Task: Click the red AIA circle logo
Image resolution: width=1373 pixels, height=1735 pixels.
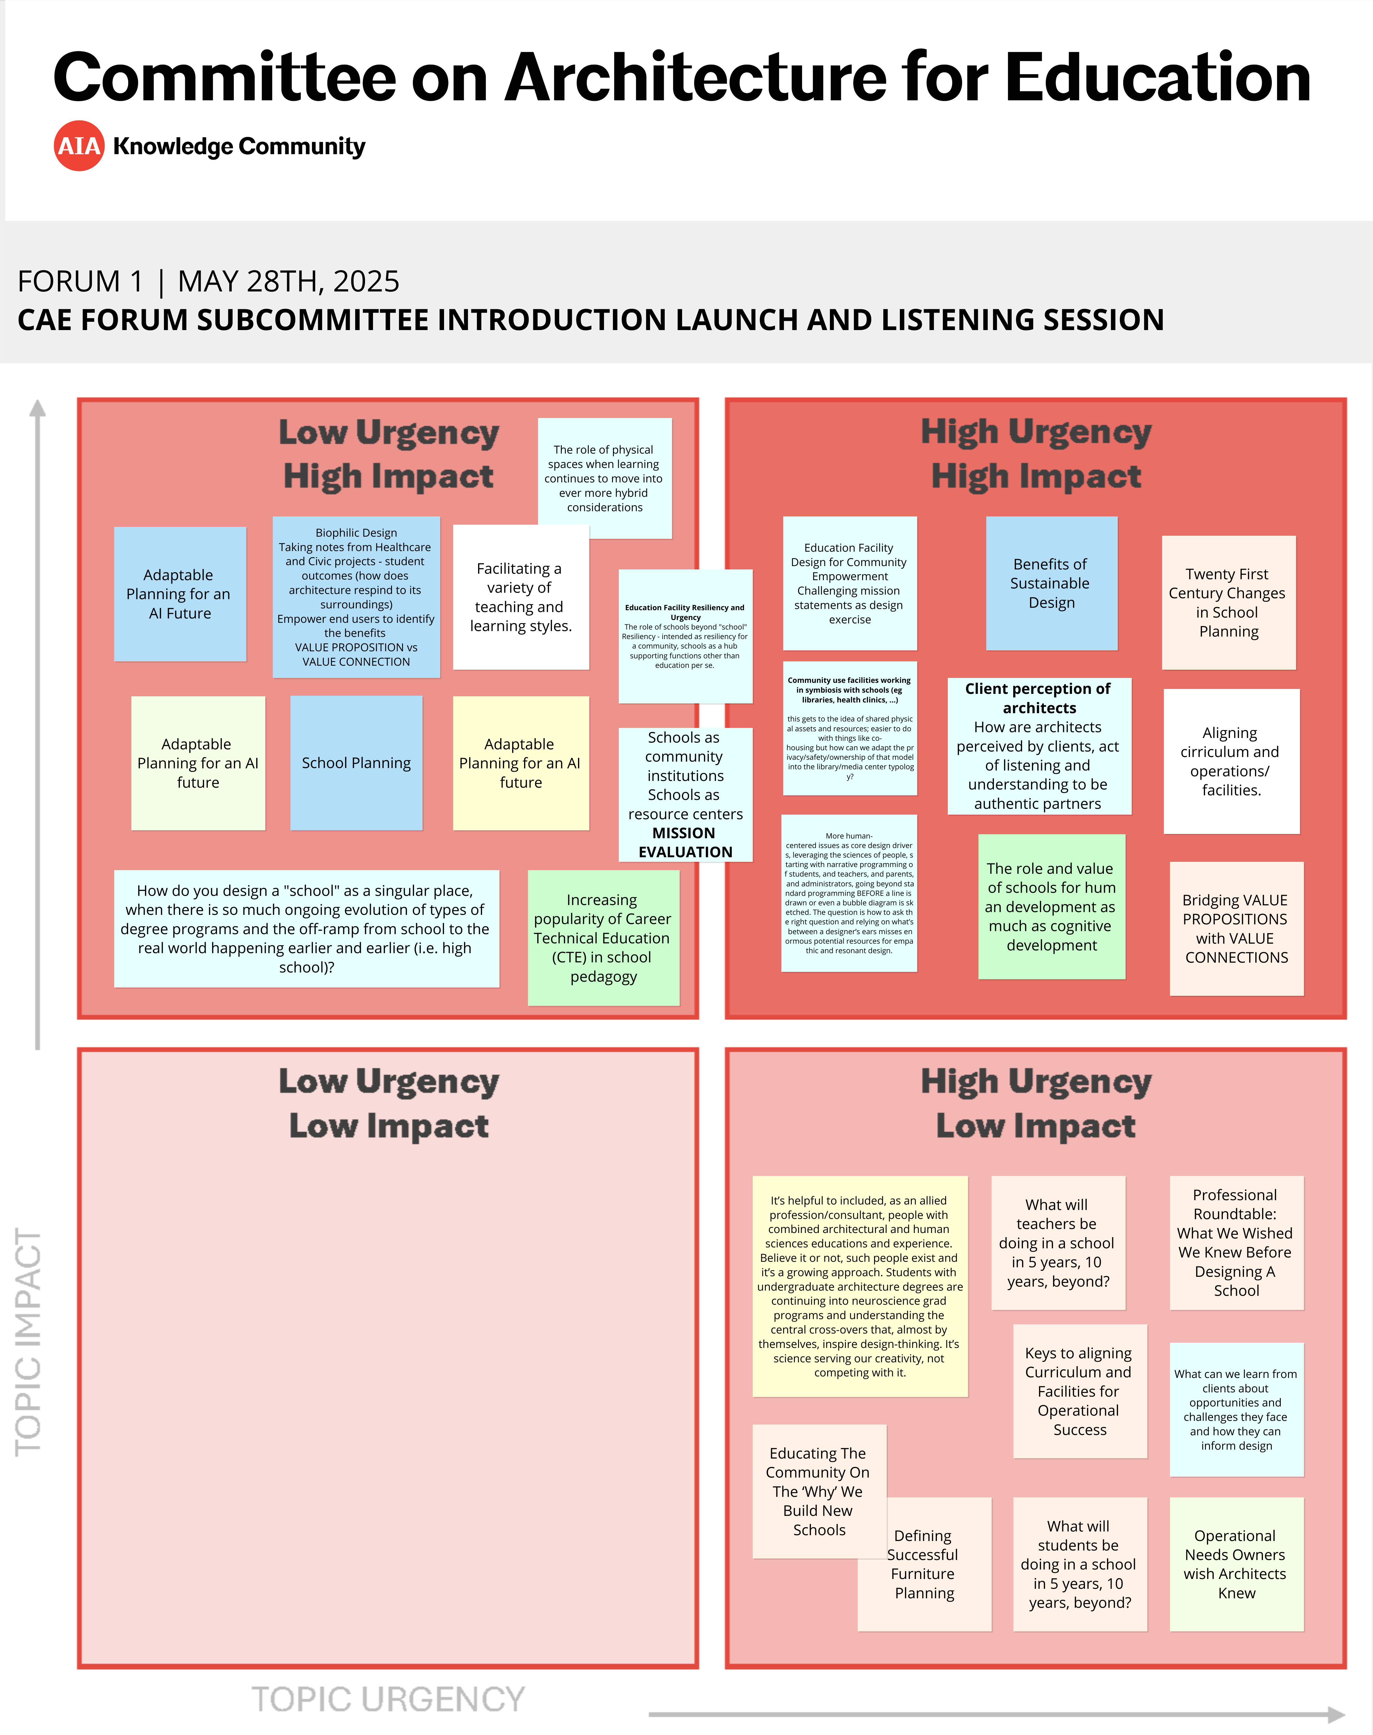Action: click(x=79, y=146)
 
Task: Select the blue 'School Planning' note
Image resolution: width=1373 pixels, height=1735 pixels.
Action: click(x=356, y=762)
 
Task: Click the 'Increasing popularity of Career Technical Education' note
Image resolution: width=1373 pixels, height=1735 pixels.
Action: click(x=603, y=938)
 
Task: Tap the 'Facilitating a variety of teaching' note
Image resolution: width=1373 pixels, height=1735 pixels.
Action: click(x=520, y=596)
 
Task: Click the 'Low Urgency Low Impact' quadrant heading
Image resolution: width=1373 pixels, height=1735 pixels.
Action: click(x=388, y=1103)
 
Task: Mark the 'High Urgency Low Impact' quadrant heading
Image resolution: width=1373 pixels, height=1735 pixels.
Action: click(x=1035, y=1103)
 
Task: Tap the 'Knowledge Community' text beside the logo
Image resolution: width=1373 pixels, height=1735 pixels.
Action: click(x=239, y=146)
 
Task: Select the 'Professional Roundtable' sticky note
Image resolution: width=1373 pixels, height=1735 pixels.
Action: click(x=1235, y=1242)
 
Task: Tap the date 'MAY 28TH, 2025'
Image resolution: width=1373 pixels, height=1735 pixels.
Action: click(x=288, y=281)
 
